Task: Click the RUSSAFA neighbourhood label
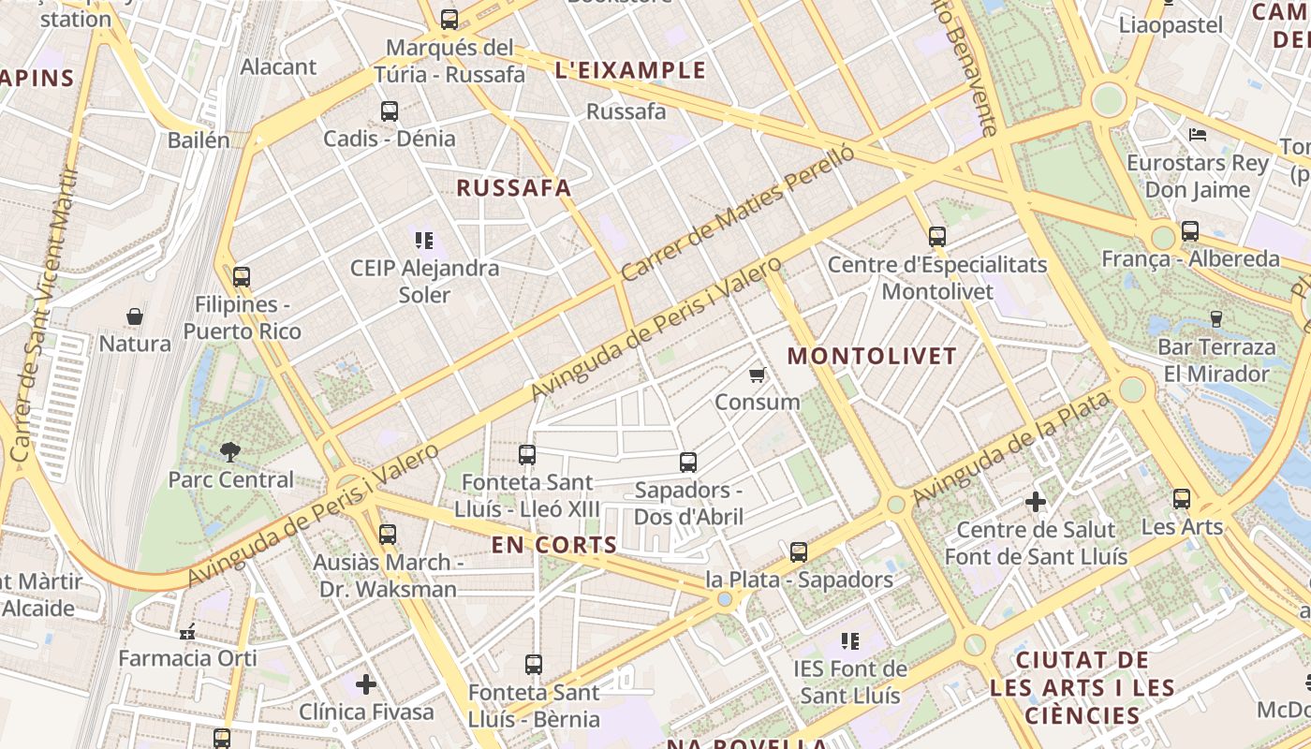pos(513,187)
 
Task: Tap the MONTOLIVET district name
pos(872,356)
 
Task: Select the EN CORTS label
pos(554,545)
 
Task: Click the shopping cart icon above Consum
pos(757,375)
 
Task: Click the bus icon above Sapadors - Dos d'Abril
pos(688,462)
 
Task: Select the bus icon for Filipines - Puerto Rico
pos(242,277)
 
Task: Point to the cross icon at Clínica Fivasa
pos(366,684)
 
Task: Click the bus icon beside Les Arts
pos(1182,499)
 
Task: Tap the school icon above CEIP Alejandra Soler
pos(424,241)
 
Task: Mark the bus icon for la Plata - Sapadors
pos(799,552)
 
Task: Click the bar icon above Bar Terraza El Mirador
pos(1216,319)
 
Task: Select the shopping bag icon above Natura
pos(135,316)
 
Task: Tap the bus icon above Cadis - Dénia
pos(390,111)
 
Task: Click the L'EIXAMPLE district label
pos(630,70)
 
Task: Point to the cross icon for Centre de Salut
pos(1036,502)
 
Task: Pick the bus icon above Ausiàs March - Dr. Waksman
pos(388,535)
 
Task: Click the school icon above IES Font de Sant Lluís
pos(850,641)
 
